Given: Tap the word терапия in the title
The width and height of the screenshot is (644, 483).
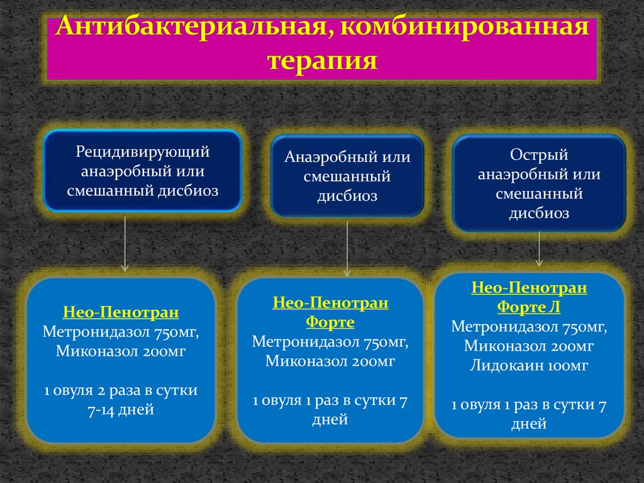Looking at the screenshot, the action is click(x=322, y=61).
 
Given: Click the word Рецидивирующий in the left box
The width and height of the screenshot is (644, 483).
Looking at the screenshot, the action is click(x=143, y=152).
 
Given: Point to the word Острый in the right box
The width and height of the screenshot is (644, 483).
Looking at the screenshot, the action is click(x=539, y=155).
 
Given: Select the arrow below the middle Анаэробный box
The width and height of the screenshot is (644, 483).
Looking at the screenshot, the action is click(x=347, y=249).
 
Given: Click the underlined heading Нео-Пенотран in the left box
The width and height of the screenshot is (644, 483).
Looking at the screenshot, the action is click(x=121, y=312).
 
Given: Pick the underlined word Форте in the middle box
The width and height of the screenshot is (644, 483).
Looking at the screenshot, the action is click(x=330, y=322).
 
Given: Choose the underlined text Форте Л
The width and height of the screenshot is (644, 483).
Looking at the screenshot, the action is click(x=529, y=307).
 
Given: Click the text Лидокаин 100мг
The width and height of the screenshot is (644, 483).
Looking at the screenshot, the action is click(x=529, y=365).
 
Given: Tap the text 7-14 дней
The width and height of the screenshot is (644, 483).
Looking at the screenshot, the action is click(x=121, y=410).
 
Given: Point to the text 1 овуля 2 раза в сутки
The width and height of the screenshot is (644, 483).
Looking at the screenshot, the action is click(x=121, y=390).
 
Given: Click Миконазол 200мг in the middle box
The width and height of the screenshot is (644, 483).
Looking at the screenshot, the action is click(x=330, y=361).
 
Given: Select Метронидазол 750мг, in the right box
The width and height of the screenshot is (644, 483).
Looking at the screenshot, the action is click(x=529, y=327).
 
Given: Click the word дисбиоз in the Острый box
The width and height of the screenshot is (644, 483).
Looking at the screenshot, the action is click(x=539, y=213).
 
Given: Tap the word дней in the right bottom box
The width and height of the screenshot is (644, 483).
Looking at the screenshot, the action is click(x=529, y=424).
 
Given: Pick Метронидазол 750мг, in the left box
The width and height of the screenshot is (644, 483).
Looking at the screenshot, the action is click(x=121, y=332).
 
